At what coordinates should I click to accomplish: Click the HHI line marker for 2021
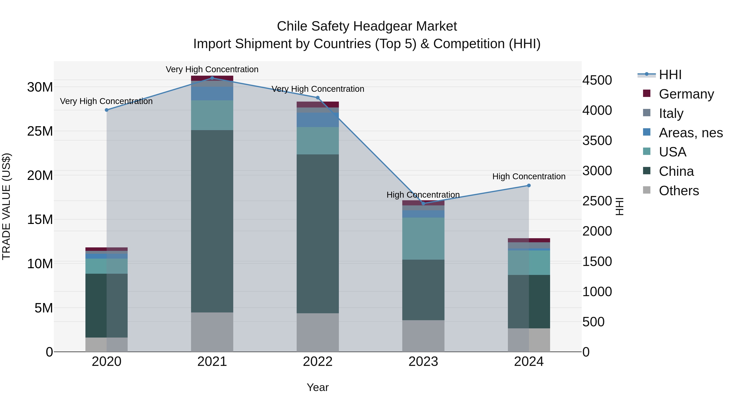point(212,78)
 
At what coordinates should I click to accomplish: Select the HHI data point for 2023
point(423,203)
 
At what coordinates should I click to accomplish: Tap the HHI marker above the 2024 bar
point(529,186)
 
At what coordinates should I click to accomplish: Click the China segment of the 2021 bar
point(212,221)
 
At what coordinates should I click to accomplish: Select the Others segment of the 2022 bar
point(318,332)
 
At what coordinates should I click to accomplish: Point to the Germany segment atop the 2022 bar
point(318,104)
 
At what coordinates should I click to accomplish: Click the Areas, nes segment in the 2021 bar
point(212,93)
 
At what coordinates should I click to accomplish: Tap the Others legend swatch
point(647,190)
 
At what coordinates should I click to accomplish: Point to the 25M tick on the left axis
point(40,131)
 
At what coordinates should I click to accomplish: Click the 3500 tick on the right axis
point(597,141)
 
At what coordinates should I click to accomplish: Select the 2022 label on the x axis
point(318,361)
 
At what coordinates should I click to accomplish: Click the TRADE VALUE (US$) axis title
point(6,206)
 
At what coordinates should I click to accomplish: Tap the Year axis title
point(318,387)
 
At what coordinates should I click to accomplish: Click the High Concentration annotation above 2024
point(529,176)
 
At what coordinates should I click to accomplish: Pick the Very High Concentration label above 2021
point(212,69)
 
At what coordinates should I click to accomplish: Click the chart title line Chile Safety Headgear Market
point(367,26)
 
